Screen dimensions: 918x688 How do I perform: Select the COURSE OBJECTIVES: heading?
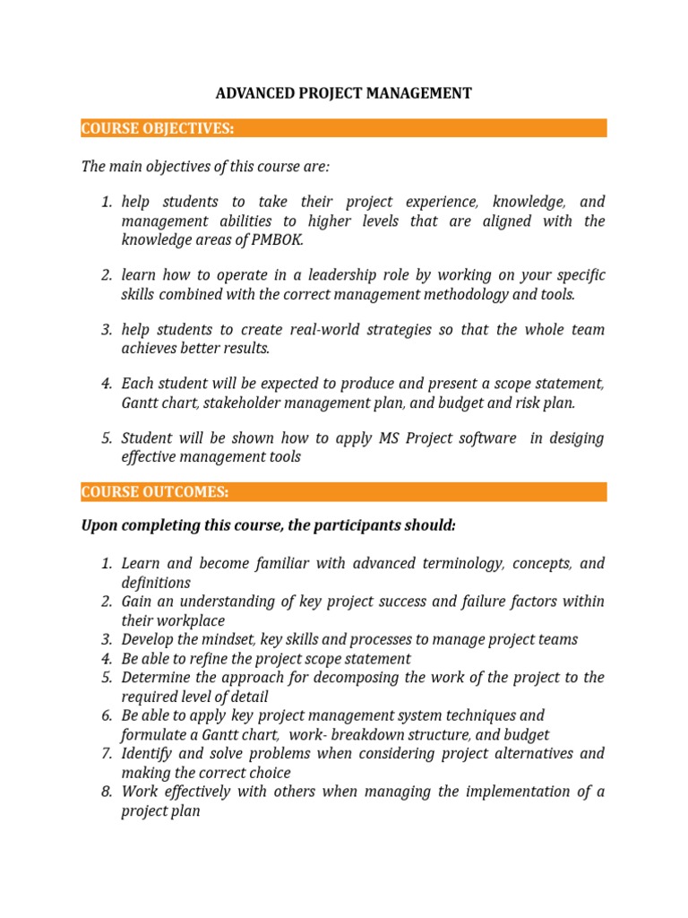pyautogui.click(x=157, y=128)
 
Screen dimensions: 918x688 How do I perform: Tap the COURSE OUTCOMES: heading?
pyautogui.click(x=154, y=492)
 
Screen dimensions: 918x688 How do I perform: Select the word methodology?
pyautogui.click(x=460, y=293)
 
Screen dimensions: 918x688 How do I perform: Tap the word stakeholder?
pyautogui.click(x=247, y=403)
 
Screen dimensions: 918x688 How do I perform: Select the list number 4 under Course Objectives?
pyautogui.click(x=106, y=384)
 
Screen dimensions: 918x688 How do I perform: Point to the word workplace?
pyautogui.click(x=191, y=620)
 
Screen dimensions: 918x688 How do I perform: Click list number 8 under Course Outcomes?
pyautogui.click(x=106, y=792)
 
